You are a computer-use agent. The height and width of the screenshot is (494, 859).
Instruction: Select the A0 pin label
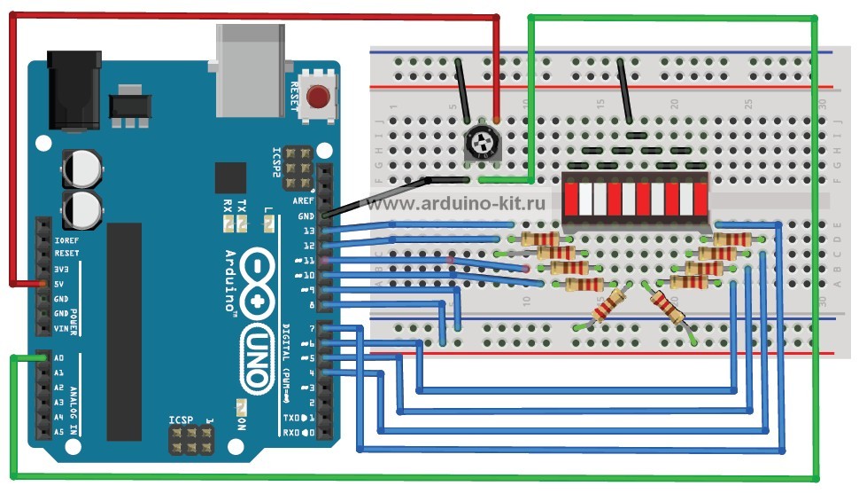pos(58,358)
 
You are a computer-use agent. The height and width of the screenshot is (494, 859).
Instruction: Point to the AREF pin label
pos(303,200)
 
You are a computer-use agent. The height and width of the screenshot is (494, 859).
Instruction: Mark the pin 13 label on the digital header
pos(307,231)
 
